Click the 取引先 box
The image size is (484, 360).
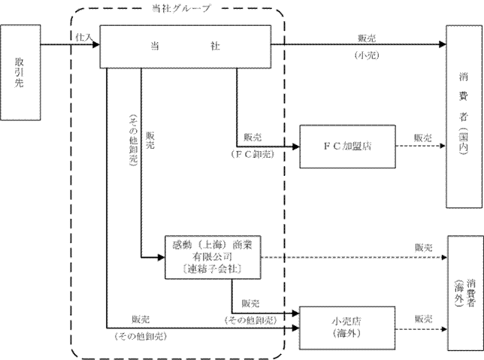pyautogui.click(x=20, y=72)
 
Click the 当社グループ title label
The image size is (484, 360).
pyautogui.click(x=180, y=9)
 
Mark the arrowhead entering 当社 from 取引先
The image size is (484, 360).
pyautogui.click(x=96, y=44)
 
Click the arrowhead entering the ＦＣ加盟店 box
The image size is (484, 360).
pyautogui.click(x=295, y=147)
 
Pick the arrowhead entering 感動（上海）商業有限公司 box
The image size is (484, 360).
pyautogui.click(x=161, y=257)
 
